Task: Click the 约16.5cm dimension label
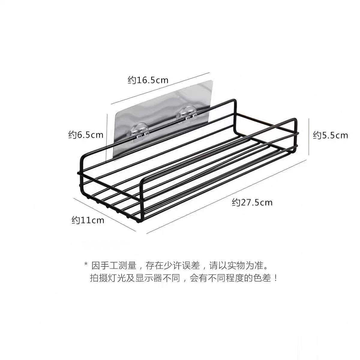148,80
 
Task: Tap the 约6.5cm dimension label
86,135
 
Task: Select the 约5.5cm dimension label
330,135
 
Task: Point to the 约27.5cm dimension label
252,202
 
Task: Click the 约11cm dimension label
88,220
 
